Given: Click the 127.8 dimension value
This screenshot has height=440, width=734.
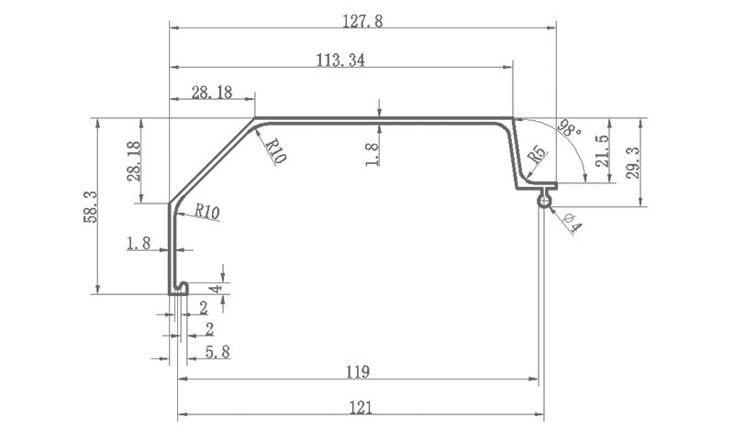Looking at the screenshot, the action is coord(362,21).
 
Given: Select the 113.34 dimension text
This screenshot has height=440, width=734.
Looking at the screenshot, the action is coord(340,60).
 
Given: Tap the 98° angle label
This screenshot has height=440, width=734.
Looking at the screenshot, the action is coord(569,127).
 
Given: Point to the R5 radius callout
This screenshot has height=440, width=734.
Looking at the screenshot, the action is coord(537,154).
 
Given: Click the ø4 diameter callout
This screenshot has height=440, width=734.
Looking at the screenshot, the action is coord(573,223).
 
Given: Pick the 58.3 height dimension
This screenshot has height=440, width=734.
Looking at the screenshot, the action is coord(91,206).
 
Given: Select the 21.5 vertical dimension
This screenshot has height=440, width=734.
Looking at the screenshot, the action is coord(602,150).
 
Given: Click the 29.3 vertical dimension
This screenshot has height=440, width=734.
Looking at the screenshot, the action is coord(633,162).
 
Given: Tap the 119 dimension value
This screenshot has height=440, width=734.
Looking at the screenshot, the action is coord(358,372).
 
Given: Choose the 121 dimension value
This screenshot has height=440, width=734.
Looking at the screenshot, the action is coord(361,408).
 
